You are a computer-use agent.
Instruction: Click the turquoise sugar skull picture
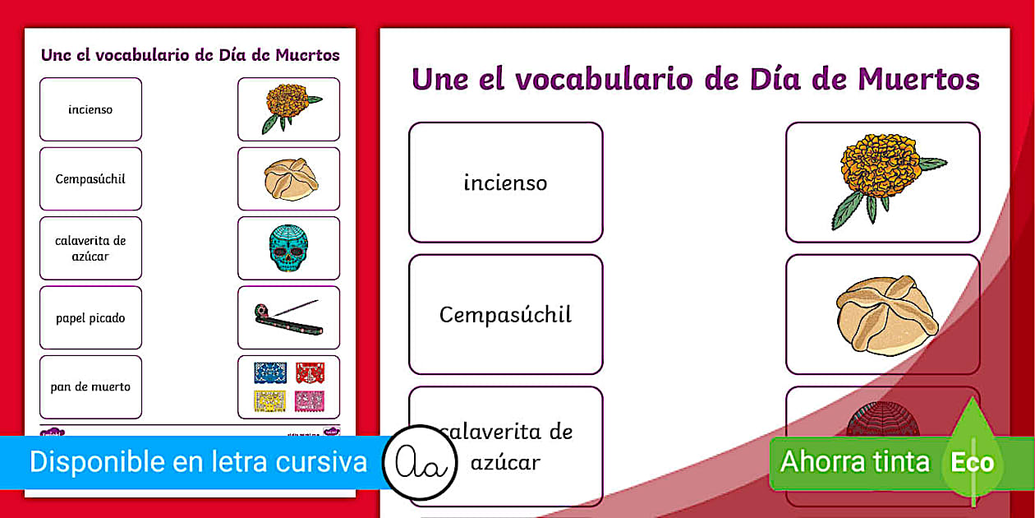click(288, 248)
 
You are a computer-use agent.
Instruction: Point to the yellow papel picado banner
click(269, 400)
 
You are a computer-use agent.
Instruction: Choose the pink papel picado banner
click(310, 400)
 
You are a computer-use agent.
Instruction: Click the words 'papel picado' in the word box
click(90, 317)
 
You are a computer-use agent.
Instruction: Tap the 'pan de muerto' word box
click(90, 386)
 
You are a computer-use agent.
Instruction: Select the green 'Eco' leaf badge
click(972, 461)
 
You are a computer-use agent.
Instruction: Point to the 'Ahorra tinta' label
click(854, 461)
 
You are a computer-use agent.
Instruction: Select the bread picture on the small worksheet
click(291, 178)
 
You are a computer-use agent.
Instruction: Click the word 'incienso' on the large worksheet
click(505, 183)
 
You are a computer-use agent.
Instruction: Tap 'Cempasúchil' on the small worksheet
click(90, 178)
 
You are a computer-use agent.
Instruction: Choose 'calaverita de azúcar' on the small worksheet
click(90, 248)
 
